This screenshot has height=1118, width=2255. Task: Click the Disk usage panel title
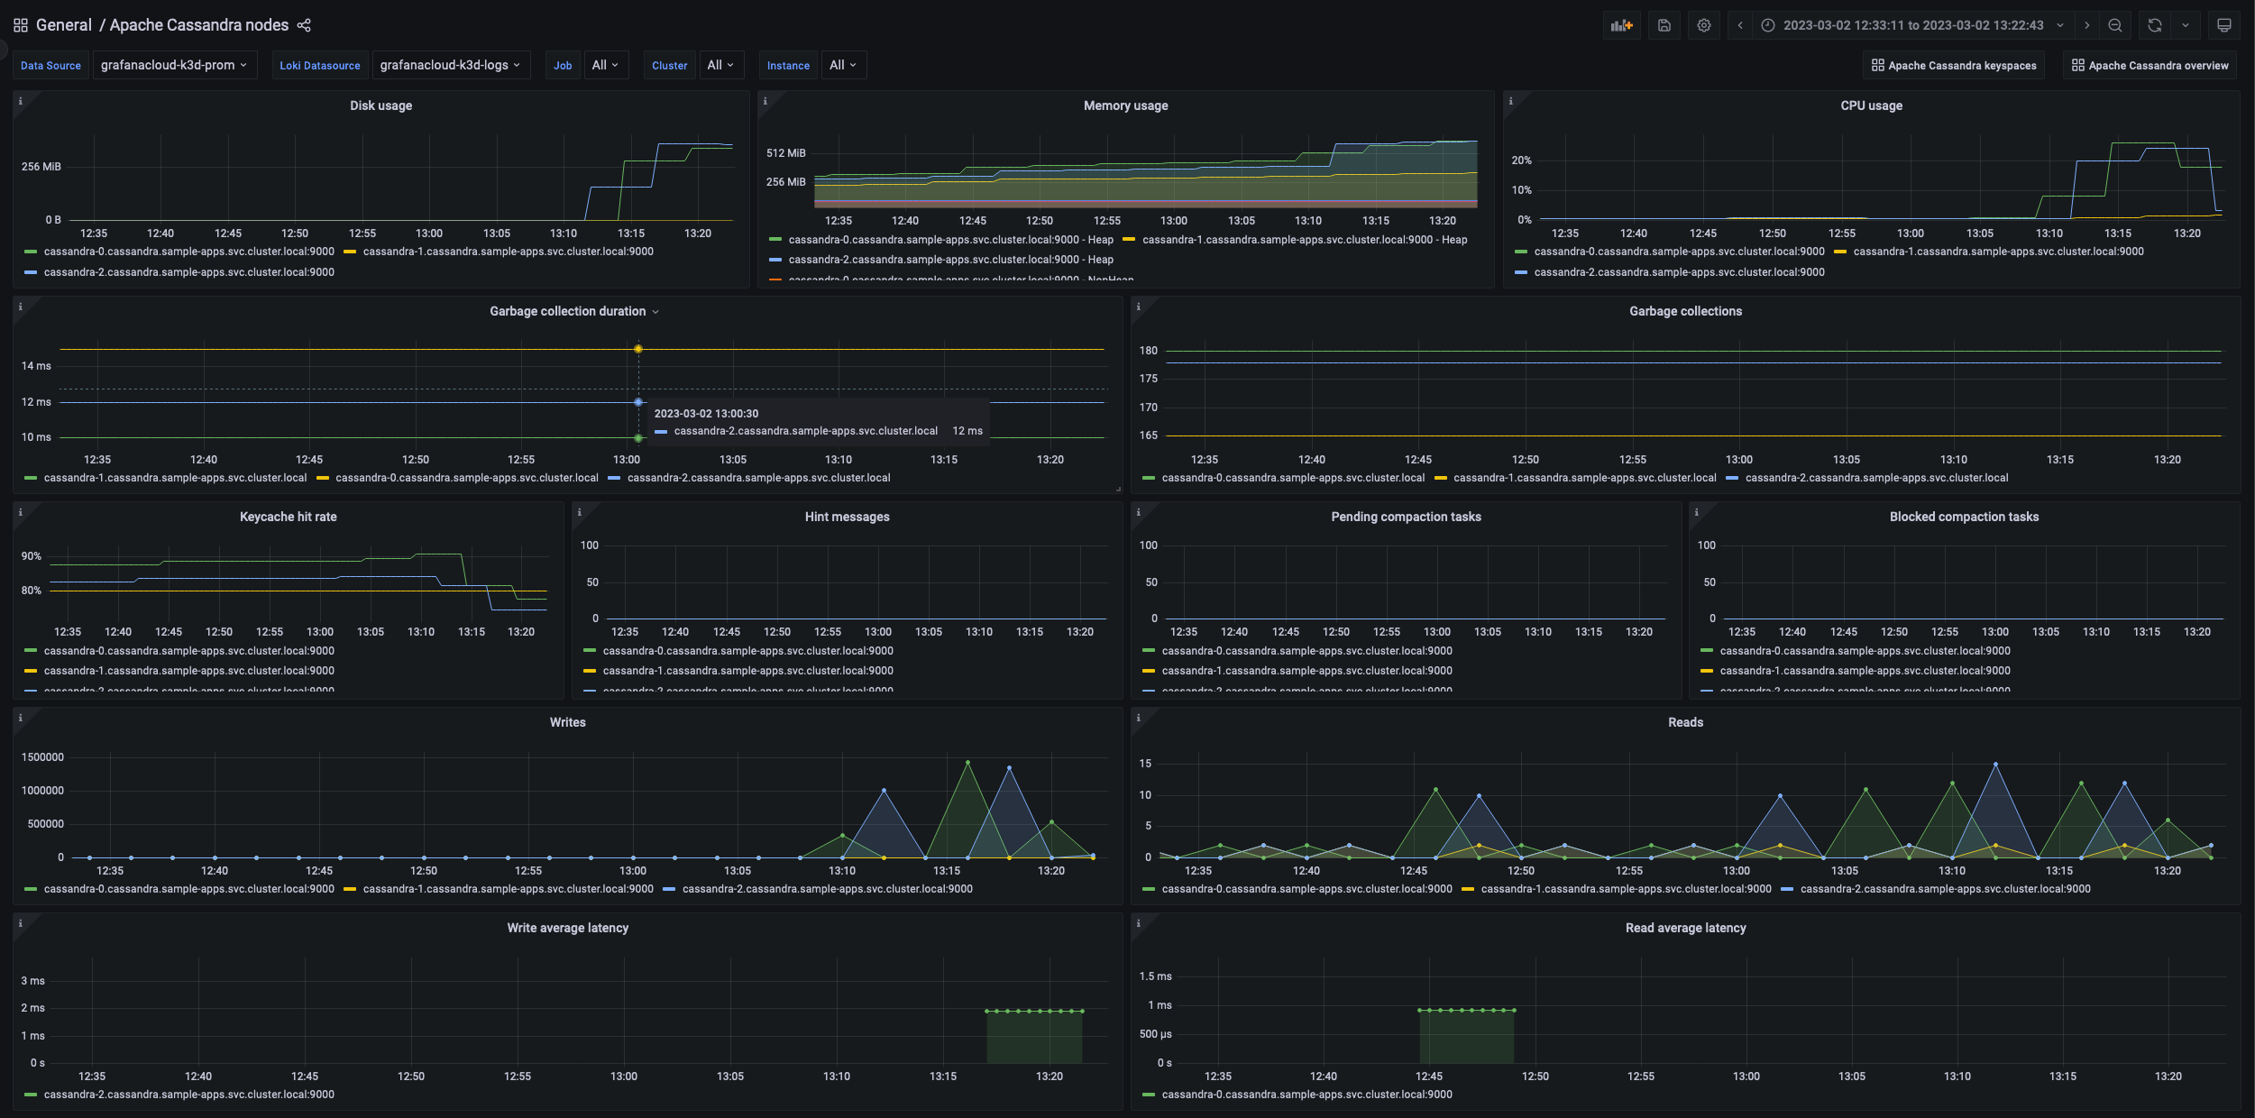pyautogui.click(x=380, y=105)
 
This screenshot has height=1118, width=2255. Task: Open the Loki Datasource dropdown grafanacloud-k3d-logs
pyautogui.click(x=450, y=65)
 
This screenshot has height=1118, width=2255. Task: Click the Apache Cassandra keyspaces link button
pyautogui.click(x=1953, y=65)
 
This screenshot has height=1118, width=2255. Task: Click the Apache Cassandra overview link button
pyautogui.click(x=2150, y=65)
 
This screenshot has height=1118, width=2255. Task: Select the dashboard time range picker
pyautogui.click(x=1912, y=25)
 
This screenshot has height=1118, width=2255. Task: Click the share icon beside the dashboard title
pyautogui.click(x=304, y=25)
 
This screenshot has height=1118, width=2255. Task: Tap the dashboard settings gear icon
pyautogui.click(x=1703, y=25)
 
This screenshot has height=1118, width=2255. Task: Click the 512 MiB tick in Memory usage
pyautogui.click(x=785, y=153)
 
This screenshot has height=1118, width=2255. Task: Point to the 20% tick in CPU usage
pyautogui.click(x=1521, y=160)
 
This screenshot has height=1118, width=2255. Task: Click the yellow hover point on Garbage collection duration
pyautogui.click(x=638, y=349)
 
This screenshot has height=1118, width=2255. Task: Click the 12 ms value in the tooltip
pyautogui.click(x=967, y=431)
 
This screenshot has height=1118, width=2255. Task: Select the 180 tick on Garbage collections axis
pyautogui.click(x=1148, y=351)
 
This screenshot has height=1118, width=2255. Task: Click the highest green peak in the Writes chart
pyautogui.click(x=967, y=763)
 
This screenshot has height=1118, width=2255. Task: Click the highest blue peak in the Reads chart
pyautogui.click(x=1995, y=765)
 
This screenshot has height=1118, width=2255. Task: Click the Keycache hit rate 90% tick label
pyautogui.click(x=32, y=556)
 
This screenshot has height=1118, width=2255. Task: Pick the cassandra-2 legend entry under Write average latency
pyautogui.click(x=188, y=1095)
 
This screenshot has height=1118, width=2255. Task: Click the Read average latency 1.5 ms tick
pyautogui.click(x=1155, y=976)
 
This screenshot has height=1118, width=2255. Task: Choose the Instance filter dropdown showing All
pyautogui.click(x=843, y=65)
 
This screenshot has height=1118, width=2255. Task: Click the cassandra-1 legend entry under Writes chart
pyautogui.click(x=508, y=889)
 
